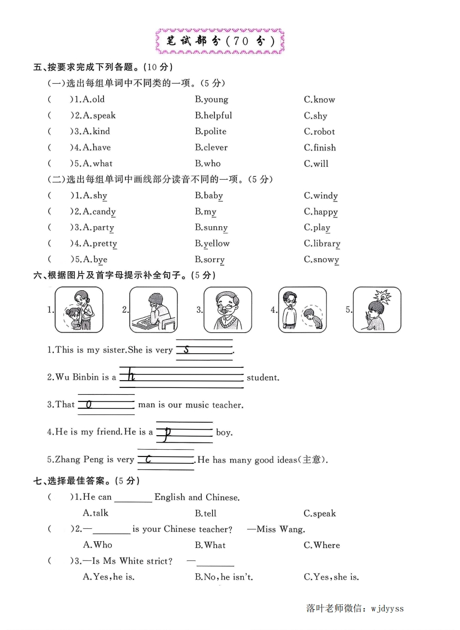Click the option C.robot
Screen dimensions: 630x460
[319, 132]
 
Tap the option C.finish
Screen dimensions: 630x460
[320, 148]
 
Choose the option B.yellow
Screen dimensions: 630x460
[212, 244]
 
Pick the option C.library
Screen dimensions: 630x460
[322, 244]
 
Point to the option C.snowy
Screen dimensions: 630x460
[321, 259]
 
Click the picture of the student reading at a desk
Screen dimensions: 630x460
[153, 309]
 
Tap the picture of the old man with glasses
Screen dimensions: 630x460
[227, 309]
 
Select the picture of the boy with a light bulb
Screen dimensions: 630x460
[377, 309]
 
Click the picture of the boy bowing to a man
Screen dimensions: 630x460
[302, 309]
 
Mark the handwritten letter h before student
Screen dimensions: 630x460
[131, 375]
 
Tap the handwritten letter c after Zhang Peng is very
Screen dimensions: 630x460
[148, 459]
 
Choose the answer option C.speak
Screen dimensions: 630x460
[320, 513]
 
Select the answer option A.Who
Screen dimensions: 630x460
[97, 545]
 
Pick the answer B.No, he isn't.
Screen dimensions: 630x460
[224, 577]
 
